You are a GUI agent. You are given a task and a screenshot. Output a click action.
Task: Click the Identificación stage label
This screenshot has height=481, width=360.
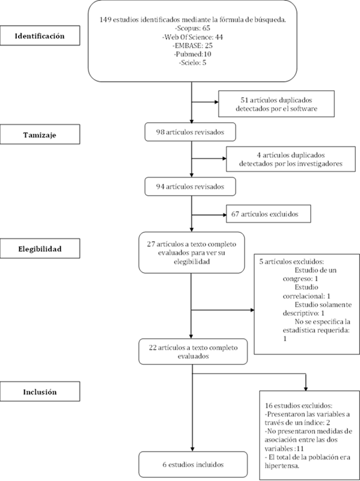(x=40, y=36)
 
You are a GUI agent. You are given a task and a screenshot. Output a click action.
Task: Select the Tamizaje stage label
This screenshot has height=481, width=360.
(x=40, y=135)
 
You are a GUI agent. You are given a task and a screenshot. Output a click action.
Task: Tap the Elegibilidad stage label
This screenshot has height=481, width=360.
(x=40, y=249)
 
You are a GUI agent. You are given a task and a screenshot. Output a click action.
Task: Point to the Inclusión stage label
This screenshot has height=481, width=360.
(x=40, y=392)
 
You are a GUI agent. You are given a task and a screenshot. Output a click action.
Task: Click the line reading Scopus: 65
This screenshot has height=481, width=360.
(x=193, y=29)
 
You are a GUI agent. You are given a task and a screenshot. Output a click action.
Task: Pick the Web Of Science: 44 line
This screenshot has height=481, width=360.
(x=193, y=37)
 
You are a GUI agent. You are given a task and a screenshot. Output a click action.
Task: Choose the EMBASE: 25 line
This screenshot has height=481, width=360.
(x=193, y=46)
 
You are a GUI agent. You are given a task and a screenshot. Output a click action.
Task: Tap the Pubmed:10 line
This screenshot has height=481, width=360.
(x=193, y=54)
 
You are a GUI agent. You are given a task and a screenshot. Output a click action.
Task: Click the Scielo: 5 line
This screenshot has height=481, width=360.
(x=193, y=63)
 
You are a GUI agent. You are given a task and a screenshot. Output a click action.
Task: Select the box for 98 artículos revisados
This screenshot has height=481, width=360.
(x=191, y=132)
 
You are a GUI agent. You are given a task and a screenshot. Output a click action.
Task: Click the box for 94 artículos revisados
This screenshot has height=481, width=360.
(x=191, y=187)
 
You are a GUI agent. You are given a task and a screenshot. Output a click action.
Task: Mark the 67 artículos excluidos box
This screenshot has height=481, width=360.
(x=269, y=214)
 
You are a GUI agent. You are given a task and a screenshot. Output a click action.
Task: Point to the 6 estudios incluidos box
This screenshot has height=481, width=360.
(x=193, y=464)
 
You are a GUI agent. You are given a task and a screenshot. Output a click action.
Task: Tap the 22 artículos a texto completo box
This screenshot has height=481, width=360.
(x=193, y=351)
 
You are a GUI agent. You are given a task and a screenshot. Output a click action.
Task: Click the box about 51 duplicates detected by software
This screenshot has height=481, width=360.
(x=276, y=104)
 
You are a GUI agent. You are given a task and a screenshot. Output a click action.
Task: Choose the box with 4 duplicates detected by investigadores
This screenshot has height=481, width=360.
(x=291, y=159)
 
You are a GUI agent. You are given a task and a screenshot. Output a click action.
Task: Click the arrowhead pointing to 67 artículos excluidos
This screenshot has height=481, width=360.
(x=224, y=215)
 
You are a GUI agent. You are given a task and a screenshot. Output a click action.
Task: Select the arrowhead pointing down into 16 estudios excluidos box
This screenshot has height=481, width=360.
(x=305, y=389)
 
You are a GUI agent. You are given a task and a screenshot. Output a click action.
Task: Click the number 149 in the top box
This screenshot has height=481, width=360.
(x=106, y=20)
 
